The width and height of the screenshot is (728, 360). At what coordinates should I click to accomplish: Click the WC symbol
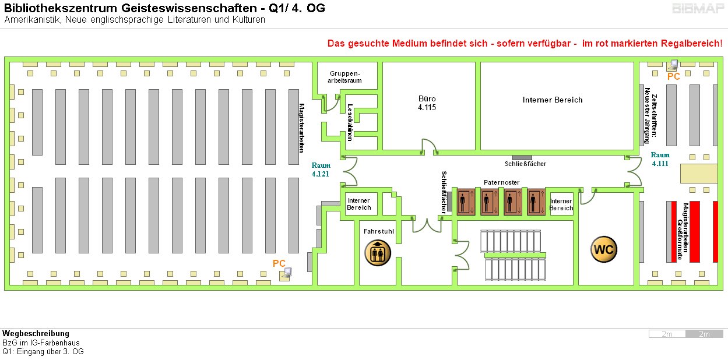pyautogui.click(x=604, y=250)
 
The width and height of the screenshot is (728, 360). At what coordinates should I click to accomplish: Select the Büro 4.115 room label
pyautogui.click(x=427, y=103)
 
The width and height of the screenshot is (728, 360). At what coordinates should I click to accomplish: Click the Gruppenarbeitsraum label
pyautogui.click(x=346, y=77)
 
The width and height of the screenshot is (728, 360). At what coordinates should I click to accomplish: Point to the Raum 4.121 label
pyautogui.click(x=321, y=170)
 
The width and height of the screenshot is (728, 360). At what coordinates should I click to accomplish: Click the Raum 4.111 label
pyautogui.click(x=660, y=159)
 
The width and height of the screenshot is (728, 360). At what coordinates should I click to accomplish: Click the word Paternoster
pyautogui.click(x=501, y=182)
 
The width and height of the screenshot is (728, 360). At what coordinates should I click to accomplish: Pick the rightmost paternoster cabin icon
pyautogui.click(x=534, y=202)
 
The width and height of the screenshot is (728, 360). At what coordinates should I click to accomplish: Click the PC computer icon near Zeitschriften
pyautogui.click(x=673, y=65)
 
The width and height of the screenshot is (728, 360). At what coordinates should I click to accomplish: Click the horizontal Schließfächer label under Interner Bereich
pyautogui.click(x=525, y=164)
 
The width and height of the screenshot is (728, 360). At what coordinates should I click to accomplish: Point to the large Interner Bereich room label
pyautogui.click(x=553, y=100)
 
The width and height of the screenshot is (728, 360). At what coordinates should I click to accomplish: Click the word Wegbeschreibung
pyautogui.click(x=36, y=334)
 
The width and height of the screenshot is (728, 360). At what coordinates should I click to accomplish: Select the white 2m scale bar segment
pyautogui.click(x=667, y=334)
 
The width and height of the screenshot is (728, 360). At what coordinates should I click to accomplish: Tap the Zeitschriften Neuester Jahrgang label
pyautogui.click(x=650, y=115)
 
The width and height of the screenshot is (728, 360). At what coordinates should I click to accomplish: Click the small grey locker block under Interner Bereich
pyautogui.click(x=522, y=157)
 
